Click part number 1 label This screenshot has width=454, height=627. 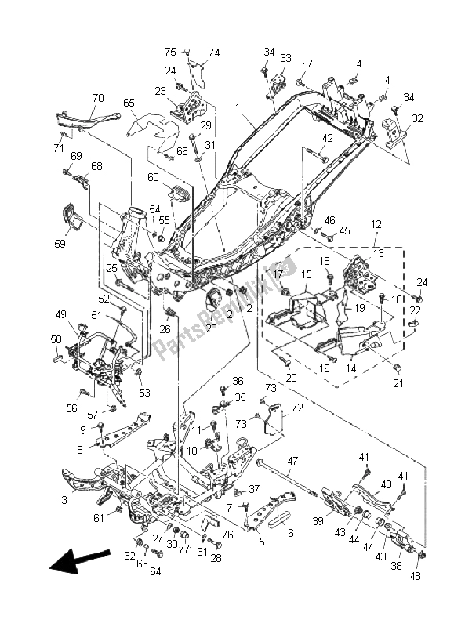[238, 107]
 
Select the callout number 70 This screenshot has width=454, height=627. [98, 97]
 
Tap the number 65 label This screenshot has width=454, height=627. [129, 103]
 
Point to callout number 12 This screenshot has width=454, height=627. [376, 224]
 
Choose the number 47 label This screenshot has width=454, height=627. [292, 461]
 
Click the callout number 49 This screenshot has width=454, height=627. [61, 315]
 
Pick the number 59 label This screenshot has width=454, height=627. [60, 243]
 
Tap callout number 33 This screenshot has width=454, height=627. [285, 58]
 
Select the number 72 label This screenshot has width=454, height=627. [297, 408]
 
